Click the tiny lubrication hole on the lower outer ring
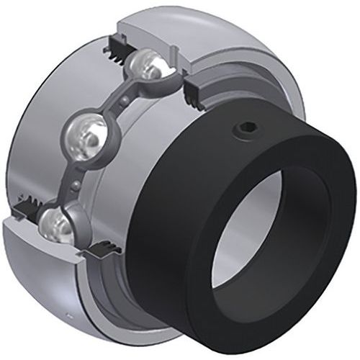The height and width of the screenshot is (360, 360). click(68, 315)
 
